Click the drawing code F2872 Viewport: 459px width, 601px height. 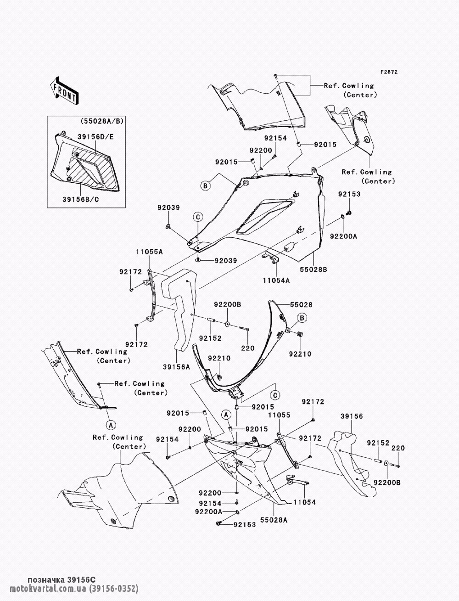(x=389, y=72)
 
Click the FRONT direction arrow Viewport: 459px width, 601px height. (x=65, y=91)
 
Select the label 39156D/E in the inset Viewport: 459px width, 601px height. (x=95, y=137)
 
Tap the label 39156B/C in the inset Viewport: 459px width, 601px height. (x=81, y=200)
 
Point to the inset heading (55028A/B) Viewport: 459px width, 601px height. (x=102, y=121)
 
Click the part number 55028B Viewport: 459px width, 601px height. (x=313, y=270)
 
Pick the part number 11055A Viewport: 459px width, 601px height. (x=150, y=251)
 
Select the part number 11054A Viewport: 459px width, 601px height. (x=276, y=281)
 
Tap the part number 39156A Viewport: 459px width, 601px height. (x=176, y=367)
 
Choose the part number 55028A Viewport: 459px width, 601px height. (x=274, y=520)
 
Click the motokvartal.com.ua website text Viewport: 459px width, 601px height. (x=48, y=588)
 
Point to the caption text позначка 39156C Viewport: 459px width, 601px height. (x=62, y=579)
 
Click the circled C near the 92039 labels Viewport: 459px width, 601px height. (x=198, y=217)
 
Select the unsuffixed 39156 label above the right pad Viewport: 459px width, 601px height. (x=352, y=416)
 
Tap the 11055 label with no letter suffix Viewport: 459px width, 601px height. (x=279, y=415)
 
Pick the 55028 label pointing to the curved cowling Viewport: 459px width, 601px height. (x=301, y=304)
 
